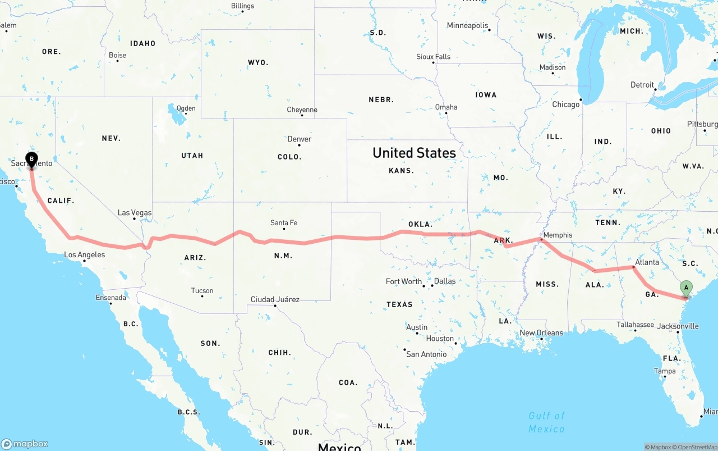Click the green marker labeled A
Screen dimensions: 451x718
(685, 288)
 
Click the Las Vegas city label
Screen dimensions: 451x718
(135, 213)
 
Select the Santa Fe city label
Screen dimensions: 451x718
(284, 223)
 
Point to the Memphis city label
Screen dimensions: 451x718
(558, 235)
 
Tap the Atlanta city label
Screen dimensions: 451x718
(647, 262)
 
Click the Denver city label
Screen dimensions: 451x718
(299, 139)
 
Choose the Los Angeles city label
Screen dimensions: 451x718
(84, 255)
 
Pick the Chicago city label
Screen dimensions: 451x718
(565, 104)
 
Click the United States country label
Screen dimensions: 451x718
(414, 153)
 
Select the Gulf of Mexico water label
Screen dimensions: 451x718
(546, 422)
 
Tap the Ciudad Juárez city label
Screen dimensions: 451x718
(275, 299)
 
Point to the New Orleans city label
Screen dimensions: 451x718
(541, 332)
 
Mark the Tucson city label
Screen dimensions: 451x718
(202, 290)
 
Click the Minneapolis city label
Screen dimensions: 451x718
(467, 25)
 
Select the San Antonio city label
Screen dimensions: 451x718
(426, 354)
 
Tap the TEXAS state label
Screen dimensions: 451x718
(399, 304)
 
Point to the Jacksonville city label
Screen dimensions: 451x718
(678, 326)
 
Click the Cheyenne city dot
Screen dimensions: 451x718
(302, 115)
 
